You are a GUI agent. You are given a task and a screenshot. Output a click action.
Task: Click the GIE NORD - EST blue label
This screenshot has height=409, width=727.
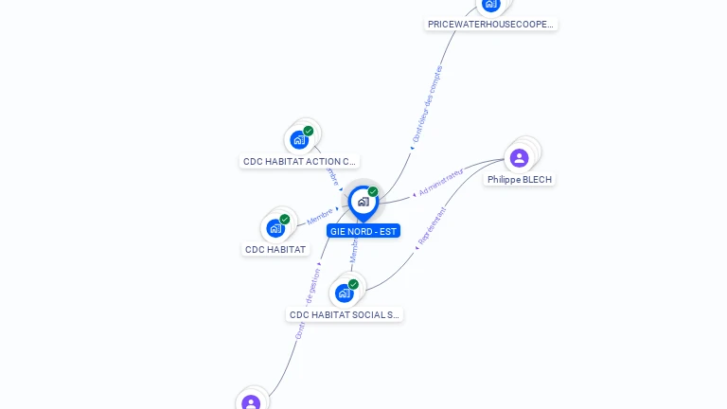(363, 231)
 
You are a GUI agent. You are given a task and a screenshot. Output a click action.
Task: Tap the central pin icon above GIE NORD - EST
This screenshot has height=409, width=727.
(363, 201)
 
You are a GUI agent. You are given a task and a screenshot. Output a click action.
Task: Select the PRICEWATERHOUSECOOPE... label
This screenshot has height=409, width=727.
(490, 24)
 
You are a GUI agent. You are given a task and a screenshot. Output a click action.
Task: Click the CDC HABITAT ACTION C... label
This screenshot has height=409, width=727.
(299, 162)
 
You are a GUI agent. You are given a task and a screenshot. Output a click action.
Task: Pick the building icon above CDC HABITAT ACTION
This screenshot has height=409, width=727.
(299, 140)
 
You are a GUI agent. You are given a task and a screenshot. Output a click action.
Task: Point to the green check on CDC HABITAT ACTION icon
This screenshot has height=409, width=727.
(309, 131)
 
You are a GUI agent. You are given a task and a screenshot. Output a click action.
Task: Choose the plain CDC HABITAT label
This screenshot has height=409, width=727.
(275, 250)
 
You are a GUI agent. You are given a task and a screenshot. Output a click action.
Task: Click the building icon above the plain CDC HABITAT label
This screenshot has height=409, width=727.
(275, 228)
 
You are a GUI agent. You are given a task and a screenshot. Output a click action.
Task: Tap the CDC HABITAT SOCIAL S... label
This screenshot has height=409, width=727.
(345, 315)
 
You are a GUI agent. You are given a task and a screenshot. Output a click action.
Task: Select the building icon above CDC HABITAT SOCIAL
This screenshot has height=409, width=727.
(344, 293)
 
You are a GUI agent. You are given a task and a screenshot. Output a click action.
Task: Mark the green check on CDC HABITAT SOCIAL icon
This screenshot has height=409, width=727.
(353, 284)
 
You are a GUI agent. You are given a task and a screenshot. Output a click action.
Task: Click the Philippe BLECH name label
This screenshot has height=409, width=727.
(519, 180)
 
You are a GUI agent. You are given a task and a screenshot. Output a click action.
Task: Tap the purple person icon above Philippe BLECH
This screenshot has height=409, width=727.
(519, 157)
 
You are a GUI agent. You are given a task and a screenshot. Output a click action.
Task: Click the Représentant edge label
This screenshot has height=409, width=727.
(432, 226)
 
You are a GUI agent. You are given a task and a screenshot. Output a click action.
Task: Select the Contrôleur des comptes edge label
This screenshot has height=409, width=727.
(428, 103)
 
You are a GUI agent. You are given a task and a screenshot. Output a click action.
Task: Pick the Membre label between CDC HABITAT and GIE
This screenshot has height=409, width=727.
(319, 217)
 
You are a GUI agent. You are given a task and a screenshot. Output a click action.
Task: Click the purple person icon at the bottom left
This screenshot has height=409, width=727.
(251, 403)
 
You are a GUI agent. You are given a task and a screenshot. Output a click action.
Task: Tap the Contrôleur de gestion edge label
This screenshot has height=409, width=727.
(309, 303)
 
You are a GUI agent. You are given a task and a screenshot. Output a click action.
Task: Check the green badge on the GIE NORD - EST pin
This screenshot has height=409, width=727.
(373, 191)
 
